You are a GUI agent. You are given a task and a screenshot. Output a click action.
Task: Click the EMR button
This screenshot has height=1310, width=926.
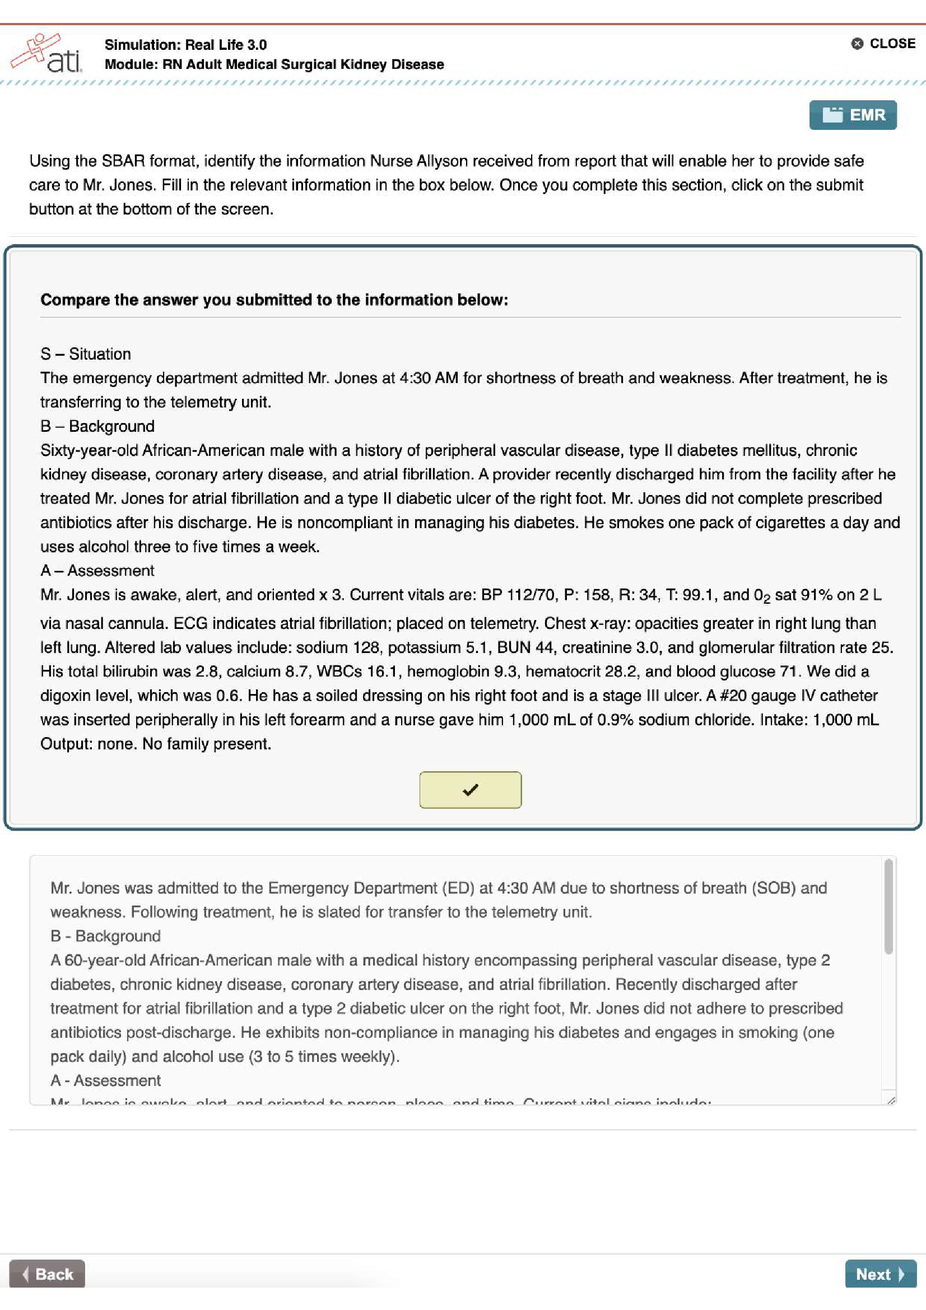853,115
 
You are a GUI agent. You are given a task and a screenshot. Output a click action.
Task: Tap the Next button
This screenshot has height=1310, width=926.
880,1274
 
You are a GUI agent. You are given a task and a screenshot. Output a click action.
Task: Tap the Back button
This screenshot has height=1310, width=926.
48,1274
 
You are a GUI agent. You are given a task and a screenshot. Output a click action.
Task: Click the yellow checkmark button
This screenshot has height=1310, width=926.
470,790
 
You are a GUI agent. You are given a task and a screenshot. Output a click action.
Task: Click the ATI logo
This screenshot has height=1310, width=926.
47,54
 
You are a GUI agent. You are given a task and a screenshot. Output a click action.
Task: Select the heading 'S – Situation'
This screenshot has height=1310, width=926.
86,354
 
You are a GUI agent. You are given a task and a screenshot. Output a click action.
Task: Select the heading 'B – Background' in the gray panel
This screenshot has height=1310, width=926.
97,426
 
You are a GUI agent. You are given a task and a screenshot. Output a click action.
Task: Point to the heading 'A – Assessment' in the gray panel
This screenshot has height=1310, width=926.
97,571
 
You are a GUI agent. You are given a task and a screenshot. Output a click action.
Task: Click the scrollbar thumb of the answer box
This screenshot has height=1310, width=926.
888,907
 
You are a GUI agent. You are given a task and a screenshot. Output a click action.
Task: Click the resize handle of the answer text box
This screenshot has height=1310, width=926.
891,1099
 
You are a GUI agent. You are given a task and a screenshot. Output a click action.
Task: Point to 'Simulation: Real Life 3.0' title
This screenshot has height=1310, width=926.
185,44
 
